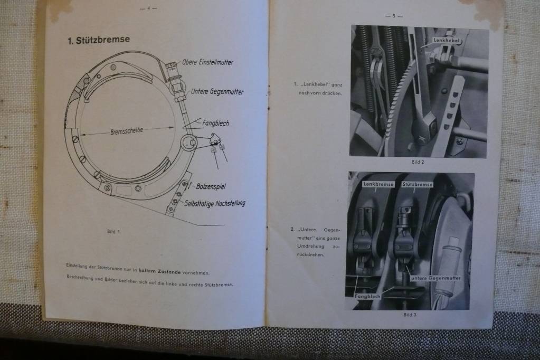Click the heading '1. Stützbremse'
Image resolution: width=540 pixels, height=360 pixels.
tap(99, 40)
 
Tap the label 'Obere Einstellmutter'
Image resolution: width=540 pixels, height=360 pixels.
tap(207, 62)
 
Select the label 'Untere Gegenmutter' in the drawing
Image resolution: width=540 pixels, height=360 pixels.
tap(217, 92)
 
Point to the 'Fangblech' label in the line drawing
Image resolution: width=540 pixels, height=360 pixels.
tap(215, 123)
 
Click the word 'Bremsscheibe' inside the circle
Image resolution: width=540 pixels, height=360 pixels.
tap(127, 131)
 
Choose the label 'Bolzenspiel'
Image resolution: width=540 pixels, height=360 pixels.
tap(211, 187)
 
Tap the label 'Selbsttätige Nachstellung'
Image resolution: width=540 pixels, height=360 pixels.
tap(215, 203)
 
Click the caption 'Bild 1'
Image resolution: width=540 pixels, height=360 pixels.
tap(113, 232)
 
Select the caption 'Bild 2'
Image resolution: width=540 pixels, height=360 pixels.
tap(418, 162)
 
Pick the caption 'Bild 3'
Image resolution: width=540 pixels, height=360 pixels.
tap(410, 315)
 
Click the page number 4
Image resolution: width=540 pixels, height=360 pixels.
tap(149, 8)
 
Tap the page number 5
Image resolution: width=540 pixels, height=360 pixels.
tap(394, 16)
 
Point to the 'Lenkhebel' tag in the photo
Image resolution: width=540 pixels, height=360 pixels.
tap(447, 40)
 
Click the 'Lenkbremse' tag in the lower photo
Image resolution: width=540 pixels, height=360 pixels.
tap(378, 184)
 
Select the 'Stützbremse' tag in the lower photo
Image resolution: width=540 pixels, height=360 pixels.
tap(417, 185)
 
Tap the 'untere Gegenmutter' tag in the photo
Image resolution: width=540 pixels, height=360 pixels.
tap(435, 278)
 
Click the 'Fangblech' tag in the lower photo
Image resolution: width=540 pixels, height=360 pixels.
tap(368, 296)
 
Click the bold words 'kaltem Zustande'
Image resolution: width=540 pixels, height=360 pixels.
tap(159, 271)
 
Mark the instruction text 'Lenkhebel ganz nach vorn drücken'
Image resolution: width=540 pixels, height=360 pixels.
tap(318, 89)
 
